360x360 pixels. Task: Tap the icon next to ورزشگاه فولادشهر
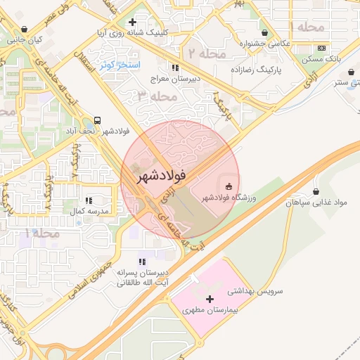coord(229,186)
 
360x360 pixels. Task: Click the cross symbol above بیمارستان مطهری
coord(210,299)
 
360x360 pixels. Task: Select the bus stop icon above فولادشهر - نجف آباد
coord(96,120)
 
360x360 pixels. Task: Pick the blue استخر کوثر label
coord(121,65)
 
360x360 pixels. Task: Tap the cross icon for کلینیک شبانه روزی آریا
coord(133,22)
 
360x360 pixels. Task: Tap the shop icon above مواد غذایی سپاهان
coord(316,191)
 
